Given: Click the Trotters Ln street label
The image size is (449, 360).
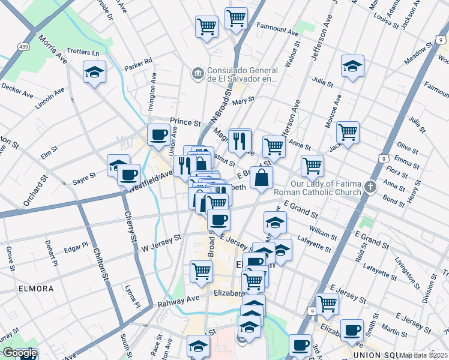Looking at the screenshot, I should click(83, 52).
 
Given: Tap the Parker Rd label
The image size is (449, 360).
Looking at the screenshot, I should click(139, 64).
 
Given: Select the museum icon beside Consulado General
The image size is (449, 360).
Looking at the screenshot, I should click(197, 73).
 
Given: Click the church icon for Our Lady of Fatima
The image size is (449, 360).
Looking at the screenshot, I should click(372, 185).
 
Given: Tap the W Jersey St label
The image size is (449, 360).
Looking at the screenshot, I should click(161, 244).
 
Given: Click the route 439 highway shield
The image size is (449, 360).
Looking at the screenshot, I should click(23, 47).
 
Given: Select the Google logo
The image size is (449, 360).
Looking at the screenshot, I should click(19, 353).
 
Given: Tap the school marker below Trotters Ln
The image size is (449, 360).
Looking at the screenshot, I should click(94, 73).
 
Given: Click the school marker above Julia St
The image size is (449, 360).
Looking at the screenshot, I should click(352, 67).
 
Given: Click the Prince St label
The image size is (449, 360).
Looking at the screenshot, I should click(185, 122).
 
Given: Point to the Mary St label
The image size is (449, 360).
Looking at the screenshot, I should click(239, 103).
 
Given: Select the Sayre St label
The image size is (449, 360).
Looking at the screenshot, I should click(84, 176).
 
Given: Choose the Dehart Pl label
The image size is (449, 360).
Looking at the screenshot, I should click(53, 253).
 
